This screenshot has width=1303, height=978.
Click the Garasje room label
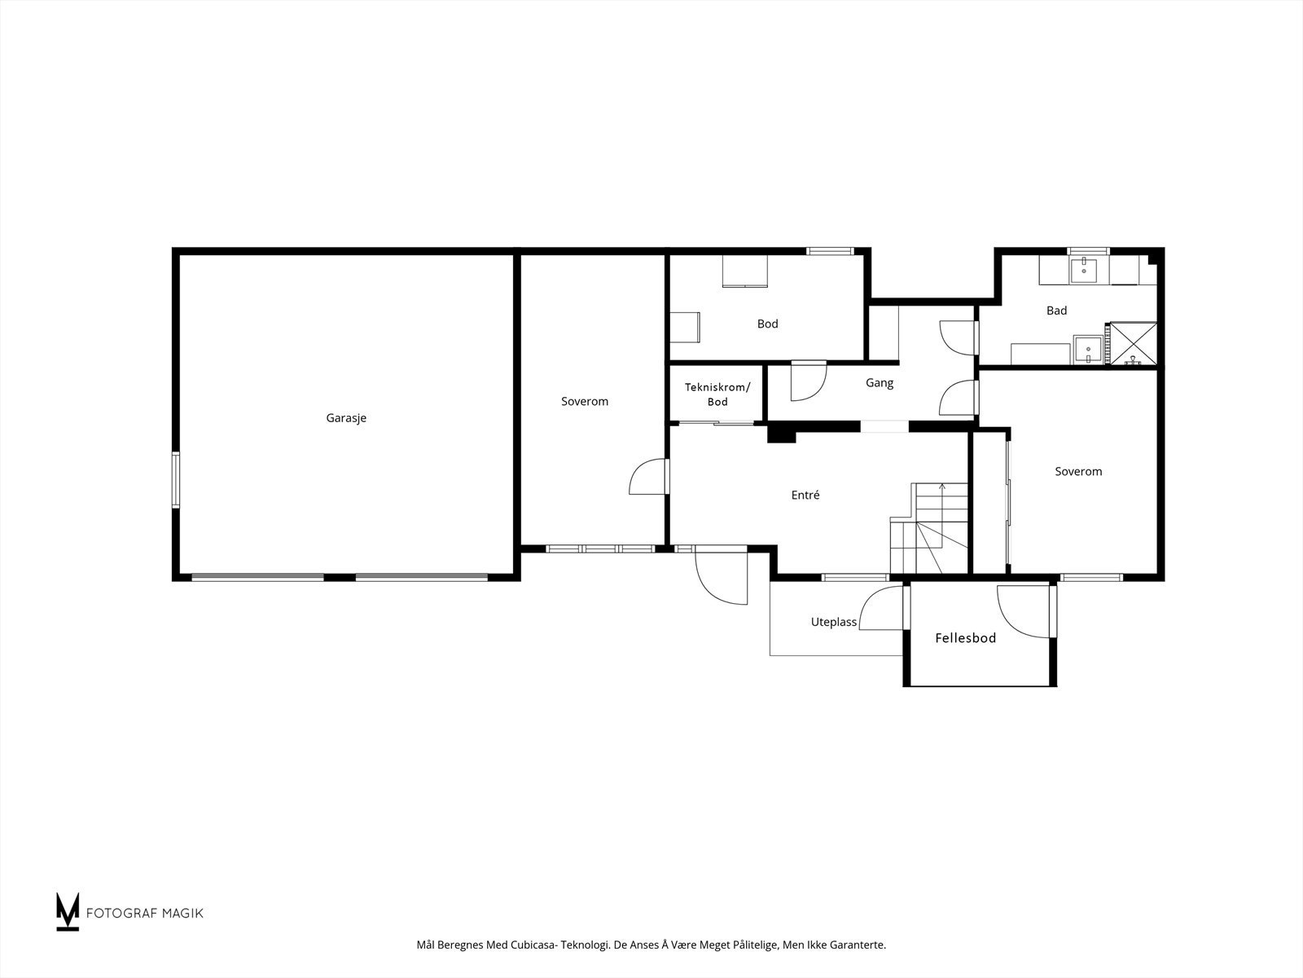(346, 418)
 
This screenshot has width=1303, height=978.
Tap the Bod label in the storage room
(768, 324)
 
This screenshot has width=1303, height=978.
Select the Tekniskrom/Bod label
(717, 394)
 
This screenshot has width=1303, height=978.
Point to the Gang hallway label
(880, 383)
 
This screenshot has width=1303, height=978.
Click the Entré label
(805, 495)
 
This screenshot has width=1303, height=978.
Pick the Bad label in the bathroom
(1056, 310)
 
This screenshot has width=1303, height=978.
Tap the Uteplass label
(833, 623)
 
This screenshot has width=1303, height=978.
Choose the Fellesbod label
(965, 638)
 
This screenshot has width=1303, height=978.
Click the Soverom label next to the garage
(585, 402)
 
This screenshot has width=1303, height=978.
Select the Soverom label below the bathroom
(1078, 472)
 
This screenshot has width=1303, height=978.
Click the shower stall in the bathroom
(1134, 343)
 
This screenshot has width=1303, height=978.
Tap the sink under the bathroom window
(1084, 270)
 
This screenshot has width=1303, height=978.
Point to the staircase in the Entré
(929, 528)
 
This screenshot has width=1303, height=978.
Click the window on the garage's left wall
(176, 480)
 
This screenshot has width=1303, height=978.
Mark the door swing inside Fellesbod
(1023, 611)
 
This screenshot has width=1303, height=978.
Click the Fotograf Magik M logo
(67, 912)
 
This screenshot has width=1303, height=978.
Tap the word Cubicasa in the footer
(534, 945)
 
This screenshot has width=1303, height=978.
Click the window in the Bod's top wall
(830, 251)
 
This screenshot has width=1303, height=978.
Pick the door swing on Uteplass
(881, 607)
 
